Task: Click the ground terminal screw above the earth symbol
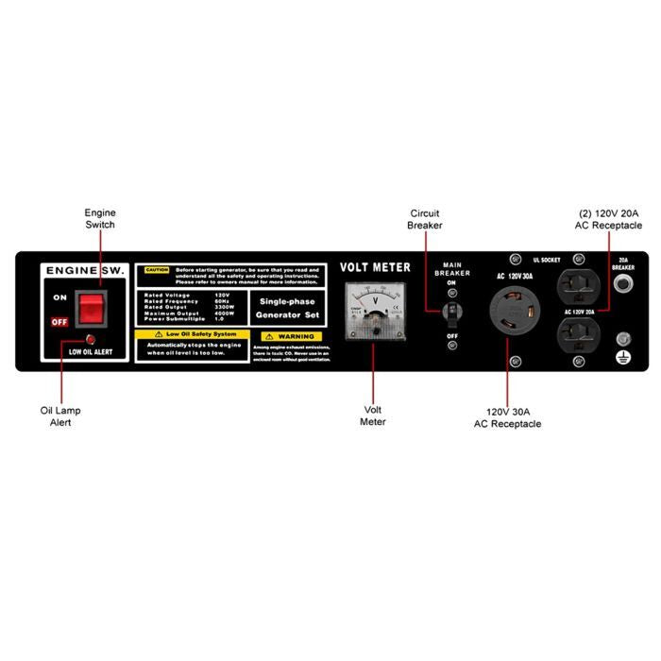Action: coord(622,339)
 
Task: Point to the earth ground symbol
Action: coord(622,358)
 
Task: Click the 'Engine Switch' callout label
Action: coord(100,219)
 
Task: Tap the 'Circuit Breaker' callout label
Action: coord(424,219)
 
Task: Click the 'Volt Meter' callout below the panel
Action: coord(373,416)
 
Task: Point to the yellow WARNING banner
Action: coord(292,336)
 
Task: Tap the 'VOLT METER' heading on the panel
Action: coord(375,267)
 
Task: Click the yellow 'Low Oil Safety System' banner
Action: coord(193,334)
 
